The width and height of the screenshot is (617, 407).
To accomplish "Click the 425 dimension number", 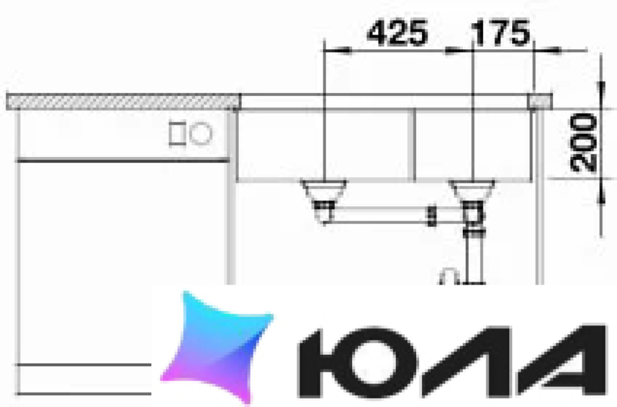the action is click(x=398, y=33).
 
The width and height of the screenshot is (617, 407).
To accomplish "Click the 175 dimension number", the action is click(x=500, y=33).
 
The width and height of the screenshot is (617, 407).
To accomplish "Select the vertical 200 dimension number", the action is click(x=583, y=142).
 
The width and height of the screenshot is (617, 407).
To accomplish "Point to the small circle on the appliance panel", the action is click(x=201, y=133).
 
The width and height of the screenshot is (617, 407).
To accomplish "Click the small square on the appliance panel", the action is click(x=177, y=133).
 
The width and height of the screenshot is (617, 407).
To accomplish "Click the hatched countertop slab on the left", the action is click(x=123, y=102).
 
